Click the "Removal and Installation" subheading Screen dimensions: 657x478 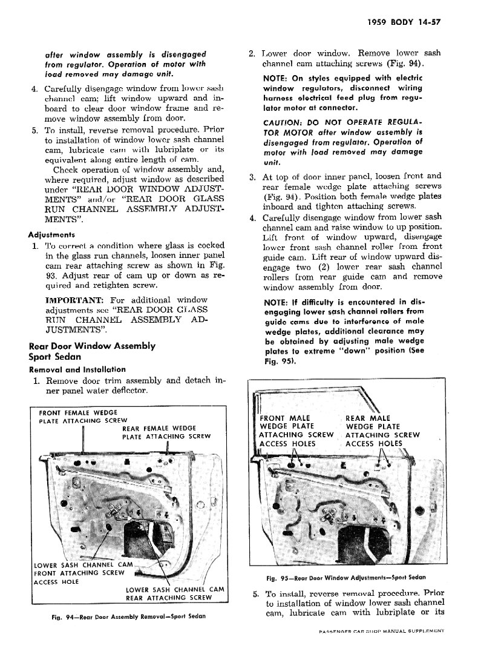tap(77, 369)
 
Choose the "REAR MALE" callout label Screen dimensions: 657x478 tap(368, 418)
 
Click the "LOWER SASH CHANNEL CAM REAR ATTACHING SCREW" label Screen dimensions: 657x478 tap(175, 593)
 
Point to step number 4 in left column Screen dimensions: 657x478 tap(34, 89)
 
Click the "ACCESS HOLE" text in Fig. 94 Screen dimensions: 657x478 tap(56, 582)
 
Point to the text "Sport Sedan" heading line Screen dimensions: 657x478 tap(55, 357)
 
